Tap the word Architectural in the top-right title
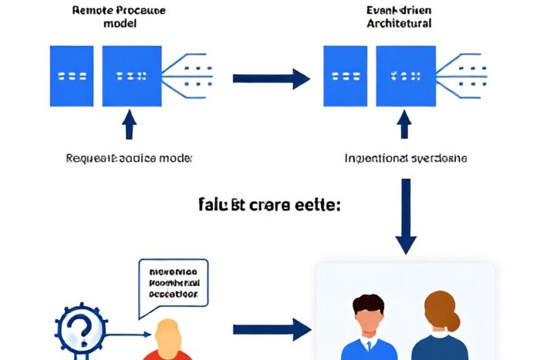399,24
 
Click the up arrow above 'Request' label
129,126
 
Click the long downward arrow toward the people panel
406,216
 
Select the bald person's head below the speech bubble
167,334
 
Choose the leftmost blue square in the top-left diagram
72,76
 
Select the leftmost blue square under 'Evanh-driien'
346,76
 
